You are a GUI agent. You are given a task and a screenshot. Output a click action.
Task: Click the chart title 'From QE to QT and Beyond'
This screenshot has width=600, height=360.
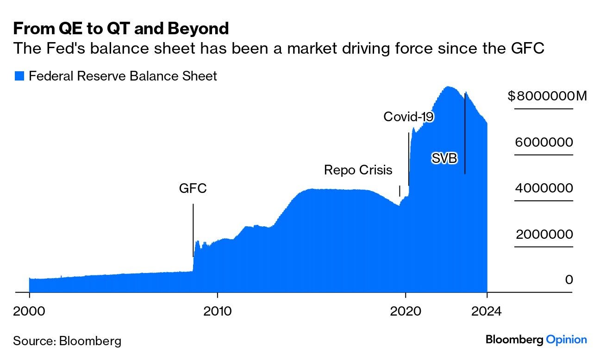121,29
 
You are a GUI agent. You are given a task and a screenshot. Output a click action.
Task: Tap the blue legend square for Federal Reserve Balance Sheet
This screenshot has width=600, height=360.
19,76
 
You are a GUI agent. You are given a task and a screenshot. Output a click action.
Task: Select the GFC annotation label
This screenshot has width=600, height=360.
193,189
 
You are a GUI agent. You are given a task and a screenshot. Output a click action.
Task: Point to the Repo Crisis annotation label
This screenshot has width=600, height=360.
358,170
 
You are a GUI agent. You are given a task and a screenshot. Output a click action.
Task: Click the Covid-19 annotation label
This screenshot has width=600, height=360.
408,117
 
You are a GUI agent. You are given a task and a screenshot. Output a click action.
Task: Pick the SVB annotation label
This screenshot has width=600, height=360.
444,159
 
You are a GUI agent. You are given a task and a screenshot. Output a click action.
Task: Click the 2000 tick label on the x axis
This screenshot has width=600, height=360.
30,311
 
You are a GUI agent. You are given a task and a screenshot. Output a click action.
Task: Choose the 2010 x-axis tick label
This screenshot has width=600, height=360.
217,311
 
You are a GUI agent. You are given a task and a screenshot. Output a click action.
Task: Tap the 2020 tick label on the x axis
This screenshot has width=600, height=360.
405,311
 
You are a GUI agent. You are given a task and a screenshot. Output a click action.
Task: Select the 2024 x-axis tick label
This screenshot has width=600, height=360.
487,311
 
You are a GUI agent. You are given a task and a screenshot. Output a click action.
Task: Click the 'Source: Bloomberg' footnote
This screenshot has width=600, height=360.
67,341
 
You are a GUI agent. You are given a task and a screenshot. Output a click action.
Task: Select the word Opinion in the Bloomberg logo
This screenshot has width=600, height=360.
566,340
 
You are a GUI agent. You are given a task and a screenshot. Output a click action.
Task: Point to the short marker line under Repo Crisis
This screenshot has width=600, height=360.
400,191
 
